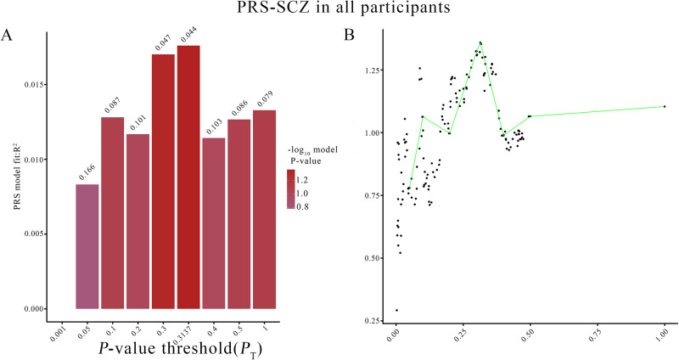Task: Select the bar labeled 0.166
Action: coord(87,246)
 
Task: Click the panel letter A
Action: coord(8,34)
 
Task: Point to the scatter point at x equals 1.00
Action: coord(664,106)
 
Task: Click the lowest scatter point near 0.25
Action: coord(396,310)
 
